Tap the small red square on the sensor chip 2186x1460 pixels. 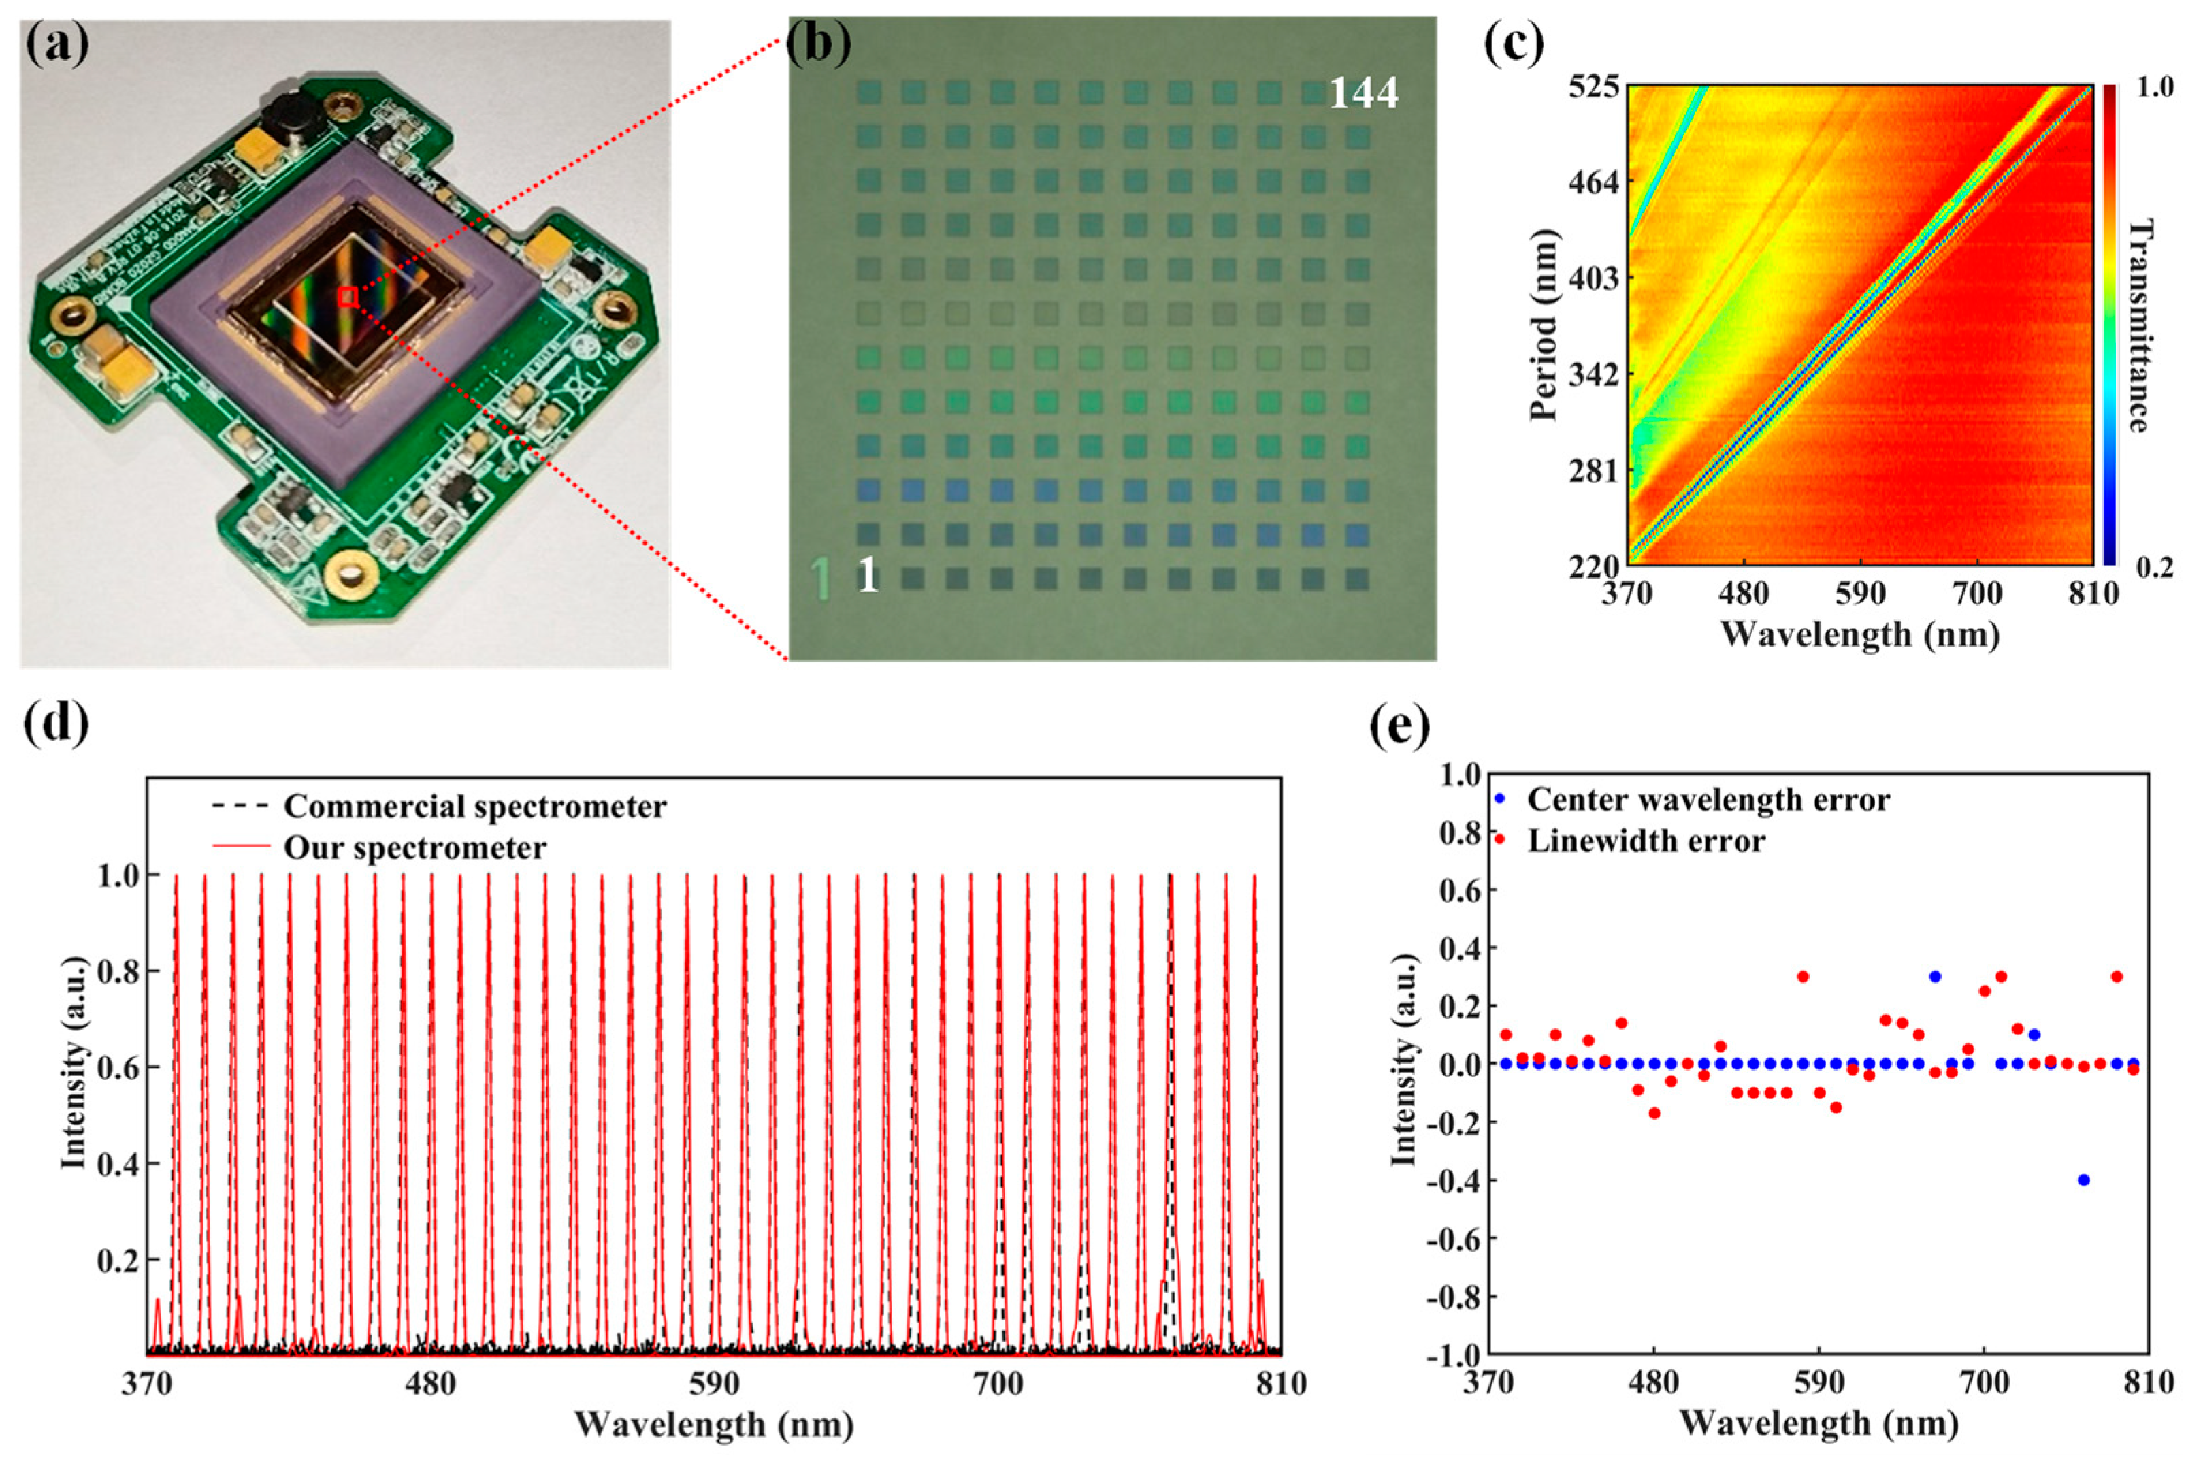coord(347,297)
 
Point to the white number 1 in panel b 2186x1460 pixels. coord(867,577)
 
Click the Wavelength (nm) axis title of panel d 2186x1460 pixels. coord(713,1425)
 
